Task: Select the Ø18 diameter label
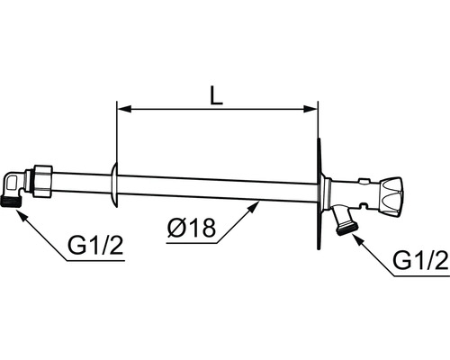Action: click(192, 229)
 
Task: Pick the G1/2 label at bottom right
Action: click(419, 261)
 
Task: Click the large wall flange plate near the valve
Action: click(320, 194)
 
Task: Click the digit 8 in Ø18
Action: click(208, 229)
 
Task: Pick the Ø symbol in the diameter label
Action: click(175, 229)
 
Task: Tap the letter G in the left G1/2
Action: click(75, 245)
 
